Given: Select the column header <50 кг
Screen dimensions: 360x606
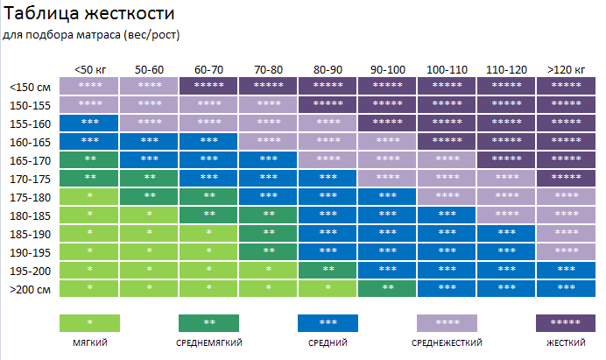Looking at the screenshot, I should (x=89, y=69).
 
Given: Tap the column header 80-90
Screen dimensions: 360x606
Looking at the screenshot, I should (x=328, y=69).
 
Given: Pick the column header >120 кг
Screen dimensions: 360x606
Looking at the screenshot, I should (x=566, y=69).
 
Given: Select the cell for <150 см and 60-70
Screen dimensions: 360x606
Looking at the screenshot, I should (x=208, y=86).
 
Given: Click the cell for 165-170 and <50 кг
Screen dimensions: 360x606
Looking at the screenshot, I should (x=89, y=159).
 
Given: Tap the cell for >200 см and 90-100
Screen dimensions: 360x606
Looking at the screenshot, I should (x=387, y=287).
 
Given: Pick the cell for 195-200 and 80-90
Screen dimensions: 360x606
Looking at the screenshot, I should (x=328, y=269).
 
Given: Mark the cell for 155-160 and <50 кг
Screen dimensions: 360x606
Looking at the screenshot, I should (x=89, y=123).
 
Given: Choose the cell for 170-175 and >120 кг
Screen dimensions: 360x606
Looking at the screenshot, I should (x=566, y=178).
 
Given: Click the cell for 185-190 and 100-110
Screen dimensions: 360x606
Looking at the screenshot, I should (x=447, y=232).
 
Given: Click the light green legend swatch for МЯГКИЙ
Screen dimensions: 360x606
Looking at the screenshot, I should (x=89, y=322).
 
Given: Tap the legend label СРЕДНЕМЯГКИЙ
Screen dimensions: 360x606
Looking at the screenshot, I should (x=208, y=342).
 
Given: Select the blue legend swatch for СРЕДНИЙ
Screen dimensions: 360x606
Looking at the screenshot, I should (x=328, y=322).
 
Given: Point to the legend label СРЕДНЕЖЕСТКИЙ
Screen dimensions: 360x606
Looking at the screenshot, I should (x=447, y=342).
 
